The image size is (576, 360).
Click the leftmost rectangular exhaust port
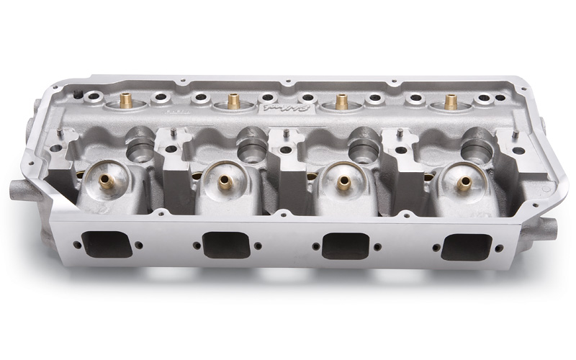(108, 244)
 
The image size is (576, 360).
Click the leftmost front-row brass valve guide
(107, 180)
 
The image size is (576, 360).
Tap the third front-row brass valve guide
(341, 182)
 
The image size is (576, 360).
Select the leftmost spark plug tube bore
(140, 148)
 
